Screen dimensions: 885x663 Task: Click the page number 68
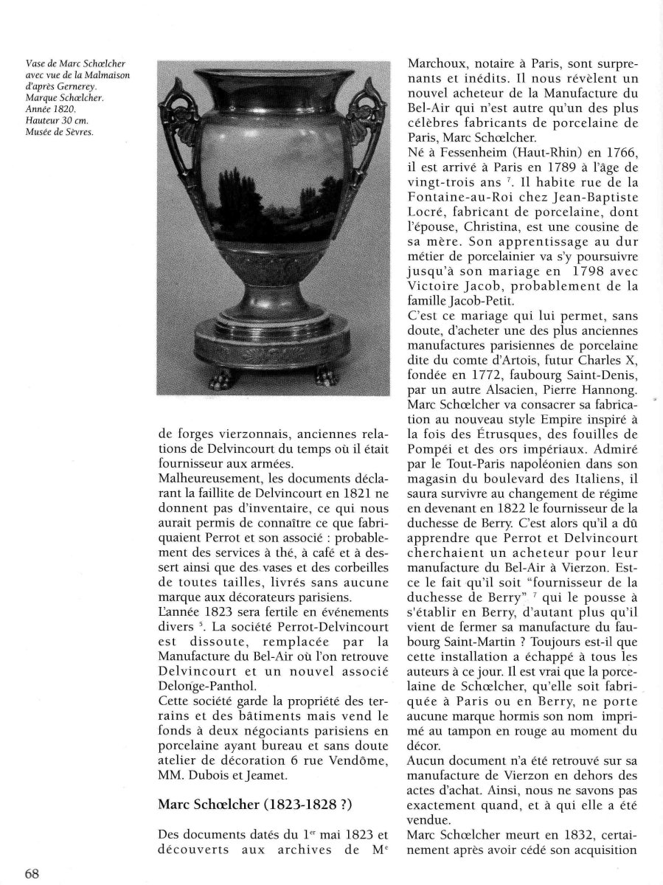pos(31,874)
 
